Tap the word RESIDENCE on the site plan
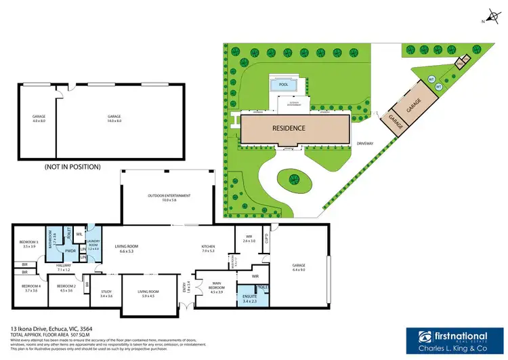point(289,128)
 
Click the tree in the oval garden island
point(295,180)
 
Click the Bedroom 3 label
point(27,244)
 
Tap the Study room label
point(106,295)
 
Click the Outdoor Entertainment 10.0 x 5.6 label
point(169,197)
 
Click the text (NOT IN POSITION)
point(72,166)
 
